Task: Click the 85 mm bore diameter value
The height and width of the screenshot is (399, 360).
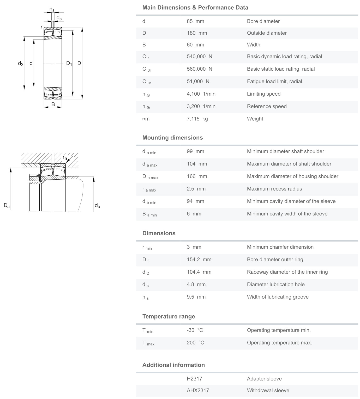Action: click(x=195, y=21)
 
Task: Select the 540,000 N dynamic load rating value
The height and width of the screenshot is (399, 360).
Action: click(x=199, y=57)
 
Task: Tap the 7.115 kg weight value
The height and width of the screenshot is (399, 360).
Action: click(x=197, y=119)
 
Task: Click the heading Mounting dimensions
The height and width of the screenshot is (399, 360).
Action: click(x=172, y=138)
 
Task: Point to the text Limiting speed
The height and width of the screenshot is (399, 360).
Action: click(x=263, y=94)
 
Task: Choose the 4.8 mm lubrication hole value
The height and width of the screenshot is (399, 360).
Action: click(x=196, y=284)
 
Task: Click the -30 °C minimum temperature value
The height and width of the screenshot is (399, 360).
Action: click(x=195, y=330)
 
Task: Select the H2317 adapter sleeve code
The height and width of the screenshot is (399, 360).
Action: click(x=194, y=379)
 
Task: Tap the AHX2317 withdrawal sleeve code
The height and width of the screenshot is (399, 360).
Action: click(x=198, y=390)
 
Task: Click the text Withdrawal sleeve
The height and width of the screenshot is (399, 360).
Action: click(x=268, y=390)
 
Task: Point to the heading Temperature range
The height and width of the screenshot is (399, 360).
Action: click(x=169, y=316)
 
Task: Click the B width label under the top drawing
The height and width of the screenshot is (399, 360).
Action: click(x=53, y=104)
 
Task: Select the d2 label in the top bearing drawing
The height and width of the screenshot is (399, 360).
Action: click(x=21, y=63)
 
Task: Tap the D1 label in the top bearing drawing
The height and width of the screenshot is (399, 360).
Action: click(x=69, y=63)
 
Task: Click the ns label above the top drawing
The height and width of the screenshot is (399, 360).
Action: click(x=52, y=10)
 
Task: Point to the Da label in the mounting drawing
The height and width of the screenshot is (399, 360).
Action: click(x=7, y=206)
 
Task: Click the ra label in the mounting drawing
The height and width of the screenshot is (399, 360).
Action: click(x=65, y=157)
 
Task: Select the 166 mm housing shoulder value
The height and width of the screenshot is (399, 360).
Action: click(x=197, y=176)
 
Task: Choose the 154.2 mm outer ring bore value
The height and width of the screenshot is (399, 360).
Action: click(x=199, y=260)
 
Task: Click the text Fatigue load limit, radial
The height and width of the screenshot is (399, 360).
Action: click(x=274, y=81)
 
